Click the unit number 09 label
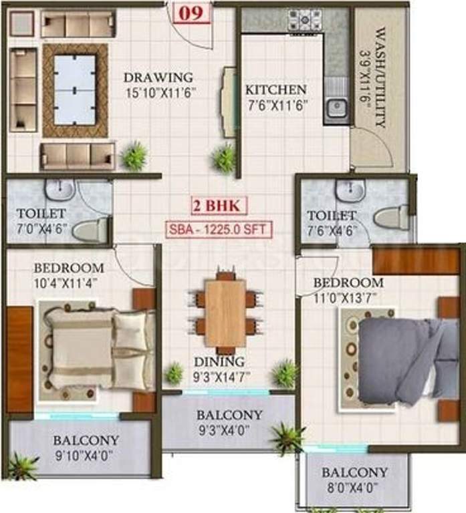pos(191,13)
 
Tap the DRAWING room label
pos(158,77)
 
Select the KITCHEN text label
pos(275,90)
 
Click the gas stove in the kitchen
pos(304,19)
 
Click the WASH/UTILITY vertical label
pos(380,77)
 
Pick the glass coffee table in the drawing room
pos(75,90)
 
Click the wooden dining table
pos(225,313)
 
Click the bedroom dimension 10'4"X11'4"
pos(70,281)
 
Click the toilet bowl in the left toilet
pos(91,231)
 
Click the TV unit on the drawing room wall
pos(229,102)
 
